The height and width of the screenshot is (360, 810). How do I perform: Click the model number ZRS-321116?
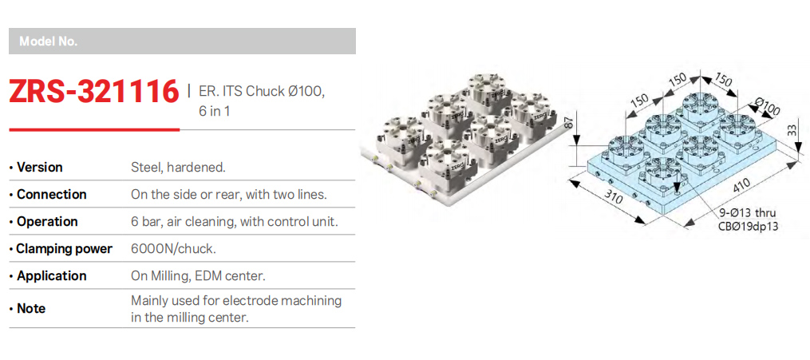94,92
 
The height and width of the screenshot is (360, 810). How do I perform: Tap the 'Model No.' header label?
48,42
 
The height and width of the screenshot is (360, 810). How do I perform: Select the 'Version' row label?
40,168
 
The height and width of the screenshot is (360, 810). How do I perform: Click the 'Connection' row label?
52,195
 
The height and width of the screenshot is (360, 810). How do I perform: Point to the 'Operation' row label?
48,222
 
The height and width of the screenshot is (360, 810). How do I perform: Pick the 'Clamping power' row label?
65,249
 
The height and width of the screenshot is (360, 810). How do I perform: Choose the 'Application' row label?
52,276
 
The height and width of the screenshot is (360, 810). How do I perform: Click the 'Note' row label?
31,309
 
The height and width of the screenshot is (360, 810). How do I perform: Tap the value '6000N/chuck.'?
174,249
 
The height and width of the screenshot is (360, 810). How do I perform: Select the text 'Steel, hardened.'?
178,168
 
